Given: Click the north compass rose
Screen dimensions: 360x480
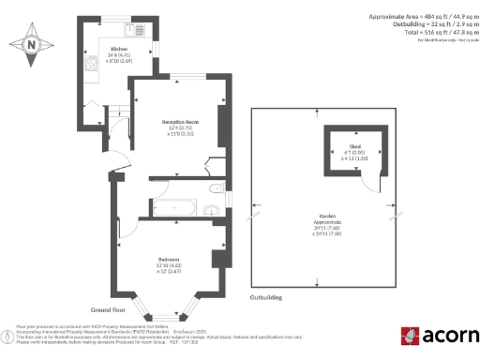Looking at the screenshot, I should point(32,44).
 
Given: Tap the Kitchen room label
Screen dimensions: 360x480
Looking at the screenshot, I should point(119,48).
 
